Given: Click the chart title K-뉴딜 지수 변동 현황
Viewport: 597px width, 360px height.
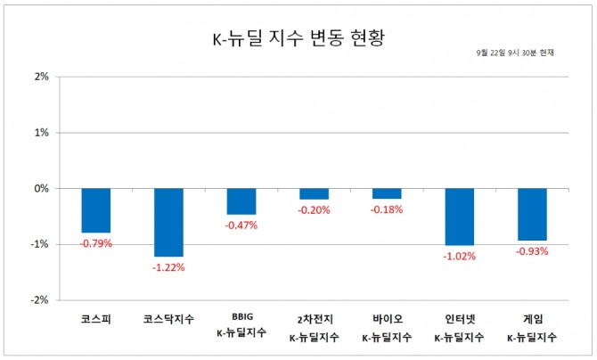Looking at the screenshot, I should (298, 39).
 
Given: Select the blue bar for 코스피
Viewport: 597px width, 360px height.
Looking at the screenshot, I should (96, 210).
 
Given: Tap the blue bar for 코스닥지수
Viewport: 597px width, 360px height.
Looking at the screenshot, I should (168, 222).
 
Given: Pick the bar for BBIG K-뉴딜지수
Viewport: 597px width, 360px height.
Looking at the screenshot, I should (241, 201).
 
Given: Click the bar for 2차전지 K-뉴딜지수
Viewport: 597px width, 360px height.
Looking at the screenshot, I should (314, 193).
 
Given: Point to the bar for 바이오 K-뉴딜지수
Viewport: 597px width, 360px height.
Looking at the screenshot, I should (387, 193).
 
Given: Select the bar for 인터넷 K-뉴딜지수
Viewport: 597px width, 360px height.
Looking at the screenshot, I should (459, 217).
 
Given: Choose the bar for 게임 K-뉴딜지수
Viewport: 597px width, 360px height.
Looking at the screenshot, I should (532, 214).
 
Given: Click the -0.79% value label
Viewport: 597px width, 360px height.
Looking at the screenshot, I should (96, 243).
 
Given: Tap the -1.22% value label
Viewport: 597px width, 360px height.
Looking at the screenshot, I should (168, 266).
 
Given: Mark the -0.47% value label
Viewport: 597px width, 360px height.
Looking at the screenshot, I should (241, 225).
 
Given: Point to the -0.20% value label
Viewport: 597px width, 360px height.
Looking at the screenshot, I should (314, 210).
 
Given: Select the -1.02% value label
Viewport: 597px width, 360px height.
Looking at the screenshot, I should (459, 256).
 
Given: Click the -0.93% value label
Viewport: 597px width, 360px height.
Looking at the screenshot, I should (532, 251).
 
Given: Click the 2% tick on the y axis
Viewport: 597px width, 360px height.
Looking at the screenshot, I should (41, 77).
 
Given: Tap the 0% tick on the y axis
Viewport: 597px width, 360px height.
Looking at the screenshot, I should (41, 189).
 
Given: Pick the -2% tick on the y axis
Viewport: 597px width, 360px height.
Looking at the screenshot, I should (39, 300).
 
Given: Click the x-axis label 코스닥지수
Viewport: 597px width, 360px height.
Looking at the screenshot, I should (168, 318).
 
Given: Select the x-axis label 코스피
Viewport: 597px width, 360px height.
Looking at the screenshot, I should (96, 318).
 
